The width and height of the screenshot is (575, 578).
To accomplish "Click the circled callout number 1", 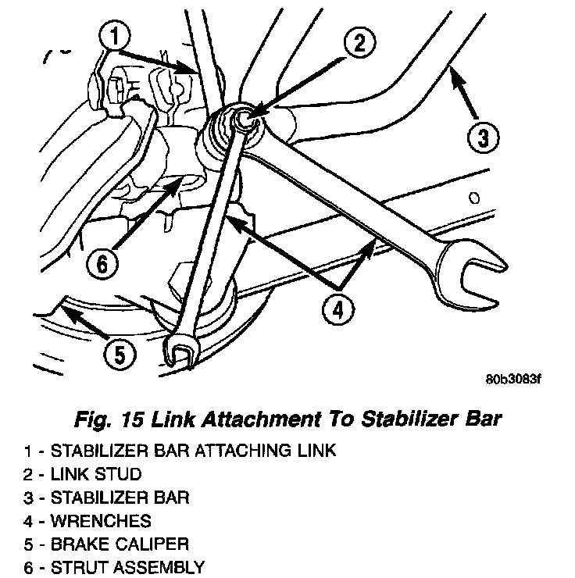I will [115, 36].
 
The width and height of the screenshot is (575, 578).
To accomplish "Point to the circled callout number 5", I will [119, 355].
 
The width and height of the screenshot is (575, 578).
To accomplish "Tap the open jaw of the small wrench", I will [180, 351].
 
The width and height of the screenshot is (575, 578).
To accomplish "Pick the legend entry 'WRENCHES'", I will [101, 519].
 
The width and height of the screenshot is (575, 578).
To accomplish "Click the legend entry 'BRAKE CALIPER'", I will [120, 543].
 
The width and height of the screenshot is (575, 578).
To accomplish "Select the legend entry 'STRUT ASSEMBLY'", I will [127, 566].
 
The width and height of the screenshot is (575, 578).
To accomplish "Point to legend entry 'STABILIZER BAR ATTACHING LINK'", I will [193, 450].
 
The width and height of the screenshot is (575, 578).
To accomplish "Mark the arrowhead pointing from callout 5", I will [63, 311].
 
